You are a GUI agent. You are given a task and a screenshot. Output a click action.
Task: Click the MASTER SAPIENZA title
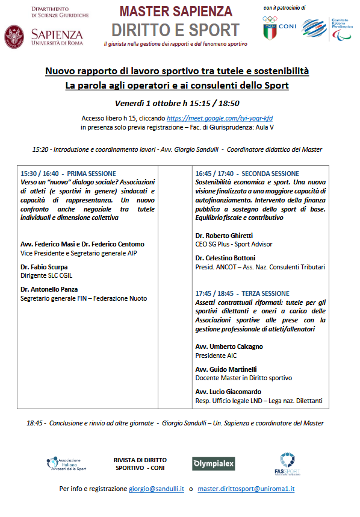click(175, 11)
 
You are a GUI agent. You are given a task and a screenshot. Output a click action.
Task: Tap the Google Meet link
click(216, 118)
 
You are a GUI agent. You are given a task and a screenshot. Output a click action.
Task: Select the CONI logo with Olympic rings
click(278, 27)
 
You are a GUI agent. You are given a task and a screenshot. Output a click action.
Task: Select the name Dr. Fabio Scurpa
click(44, 266)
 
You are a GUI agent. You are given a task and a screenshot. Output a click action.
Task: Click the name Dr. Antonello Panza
click(49, 289)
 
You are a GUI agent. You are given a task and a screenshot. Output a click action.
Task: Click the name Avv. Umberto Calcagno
click(229, 346)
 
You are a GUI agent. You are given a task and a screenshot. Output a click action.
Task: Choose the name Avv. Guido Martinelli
click(226, 369)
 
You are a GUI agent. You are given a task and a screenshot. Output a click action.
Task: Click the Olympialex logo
click(213, 463)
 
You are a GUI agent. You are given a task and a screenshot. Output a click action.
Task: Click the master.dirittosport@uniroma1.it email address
click(246, 489)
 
